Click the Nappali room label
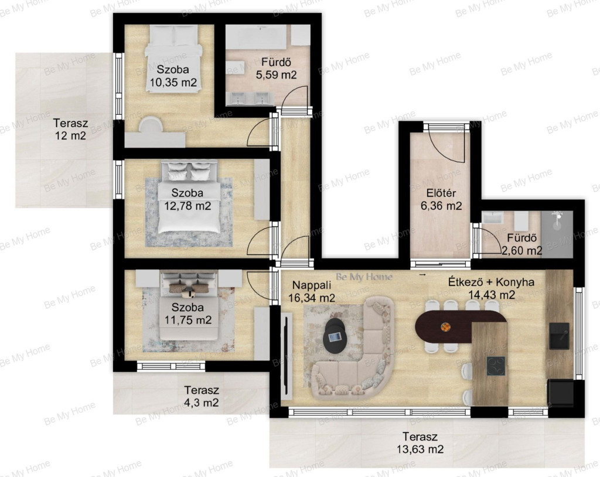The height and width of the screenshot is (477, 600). pyautogui.click(x=312, y=285)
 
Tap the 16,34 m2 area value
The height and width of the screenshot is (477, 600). pyautogui.click(x=312, y=298)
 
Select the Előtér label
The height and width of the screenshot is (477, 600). pyautogui.click(x=441, y=193)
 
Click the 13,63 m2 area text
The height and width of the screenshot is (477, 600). pyautogui.click(x=420, y=449)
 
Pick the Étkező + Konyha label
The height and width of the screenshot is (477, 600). pyautogui.click(x=492, y=282)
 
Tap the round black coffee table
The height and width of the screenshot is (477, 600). pyautogui.click(x=335, y=336)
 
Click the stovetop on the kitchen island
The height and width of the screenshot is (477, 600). pyautogui.click(x=496, y=366)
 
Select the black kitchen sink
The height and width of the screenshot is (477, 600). pyautogui.click(x=559, y=336)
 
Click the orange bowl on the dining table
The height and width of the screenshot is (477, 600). pyautogui.click(x=445, y=328)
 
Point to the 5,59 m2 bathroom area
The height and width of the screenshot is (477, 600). pyautogui.click(x=277, y=74)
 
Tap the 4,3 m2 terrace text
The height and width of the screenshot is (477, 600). pyautogui.click(x=202, y=403)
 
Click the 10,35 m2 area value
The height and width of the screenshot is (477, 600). pyautogui.click(x=173, y=82)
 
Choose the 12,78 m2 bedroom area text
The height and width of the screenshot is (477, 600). pyautogui.click(x=187, y=206)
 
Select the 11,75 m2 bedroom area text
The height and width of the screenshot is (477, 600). pyautogui.click(x=188, y=320)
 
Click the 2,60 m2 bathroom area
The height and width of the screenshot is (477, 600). pyautogui.click(x=521, y=251)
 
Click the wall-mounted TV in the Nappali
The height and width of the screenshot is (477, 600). pyautogui.click(x=285, y=357)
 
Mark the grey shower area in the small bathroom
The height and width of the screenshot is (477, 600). pyautogui.click(x=557, y=234)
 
